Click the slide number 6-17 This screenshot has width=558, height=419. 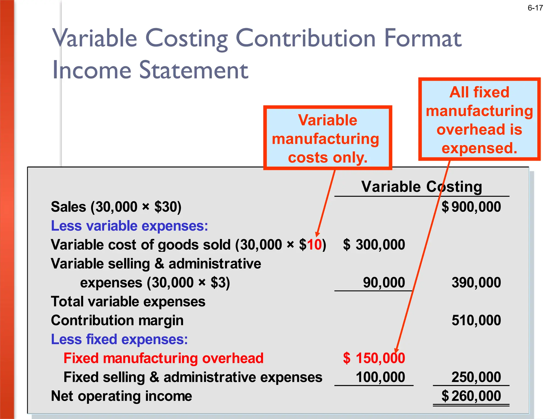click(535, 8)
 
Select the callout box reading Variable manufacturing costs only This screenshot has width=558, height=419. click(327, 138)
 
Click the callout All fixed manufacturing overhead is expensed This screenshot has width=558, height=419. click(479, 119)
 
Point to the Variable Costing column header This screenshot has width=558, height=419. click(421, 187)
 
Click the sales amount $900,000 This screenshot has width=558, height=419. click(471, 207)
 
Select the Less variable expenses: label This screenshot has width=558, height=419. click(129, 226)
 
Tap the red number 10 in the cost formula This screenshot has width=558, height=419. click(315, 245)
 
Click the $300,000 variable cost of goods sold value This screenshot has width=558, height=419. click(374, 245)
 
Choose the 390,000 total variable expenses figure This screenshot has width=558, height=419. click(476, 283)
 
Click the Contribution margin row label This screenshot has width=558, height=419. click(117, 321)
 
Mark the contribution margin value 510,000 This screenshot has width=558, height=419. click(476, 321)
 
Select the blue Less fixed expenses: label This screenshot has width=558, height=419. click(119, 340)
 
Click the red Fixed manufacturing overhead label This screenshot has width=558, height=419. click(163, 358)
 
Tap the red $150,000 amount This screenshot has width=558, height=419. click(374, 358)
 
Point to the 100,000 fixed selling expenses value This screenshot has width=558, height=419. click(380, 377)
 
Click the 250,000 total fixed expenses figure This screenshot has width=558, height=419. click(476, 377)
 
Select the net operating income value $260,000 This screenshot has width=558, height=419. click(471, 396)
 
